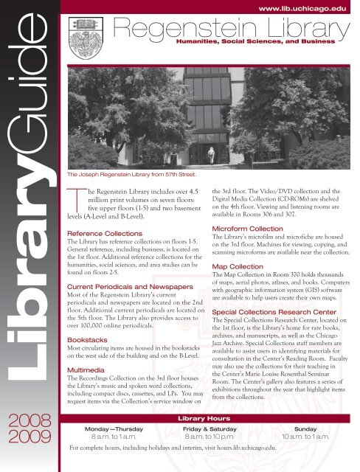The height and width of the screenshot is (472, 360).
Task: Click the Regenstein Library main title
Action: coord(236,29)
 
